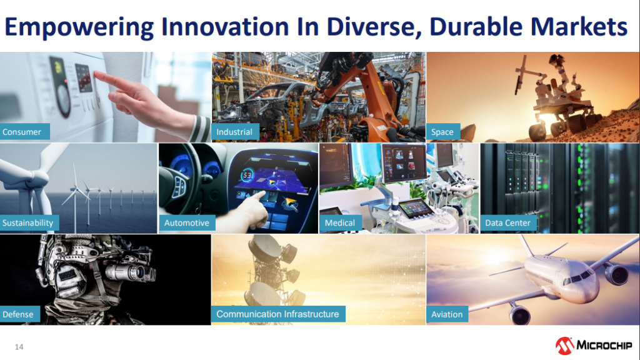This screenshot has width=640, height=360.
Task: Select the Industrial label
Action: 235,132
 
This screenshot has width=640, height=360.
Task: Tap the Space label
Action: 443,132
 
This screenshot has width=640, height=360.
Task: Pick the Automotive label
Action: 187,223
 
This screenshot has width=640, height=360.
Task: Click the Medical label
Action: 341,223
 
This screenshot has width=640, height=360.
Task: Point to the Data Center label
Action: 508,223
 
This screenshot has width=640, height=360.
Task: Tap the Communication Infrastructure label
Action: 278,314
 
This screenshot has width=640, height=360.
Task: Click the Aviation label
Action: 447,314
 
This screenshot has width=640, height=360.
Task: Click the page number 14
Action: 19,347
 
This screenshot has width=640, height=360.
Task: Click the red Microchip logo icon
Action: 564,346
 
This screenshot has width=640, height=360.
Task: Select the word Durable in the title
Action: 476,27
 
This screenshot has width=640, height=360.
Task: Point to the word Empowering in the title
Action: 79,27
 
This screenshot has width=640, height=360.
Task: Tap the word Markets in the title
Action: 579,27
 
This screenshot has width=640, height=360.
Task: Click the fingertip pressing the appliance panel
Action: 96,73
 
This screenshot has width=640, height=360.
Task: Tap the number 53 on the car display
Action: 247,176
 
